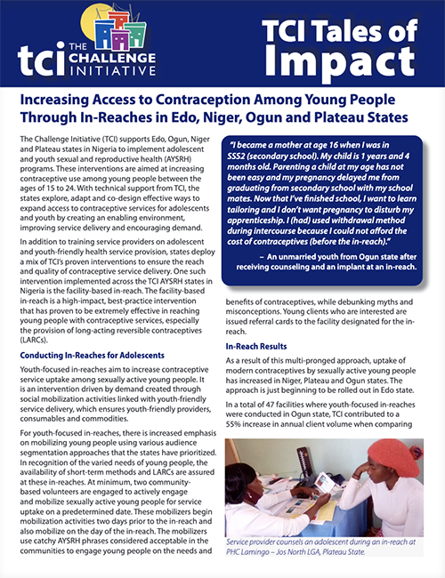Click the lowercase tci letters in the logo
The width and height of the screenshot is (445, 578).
coord(41,58)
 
